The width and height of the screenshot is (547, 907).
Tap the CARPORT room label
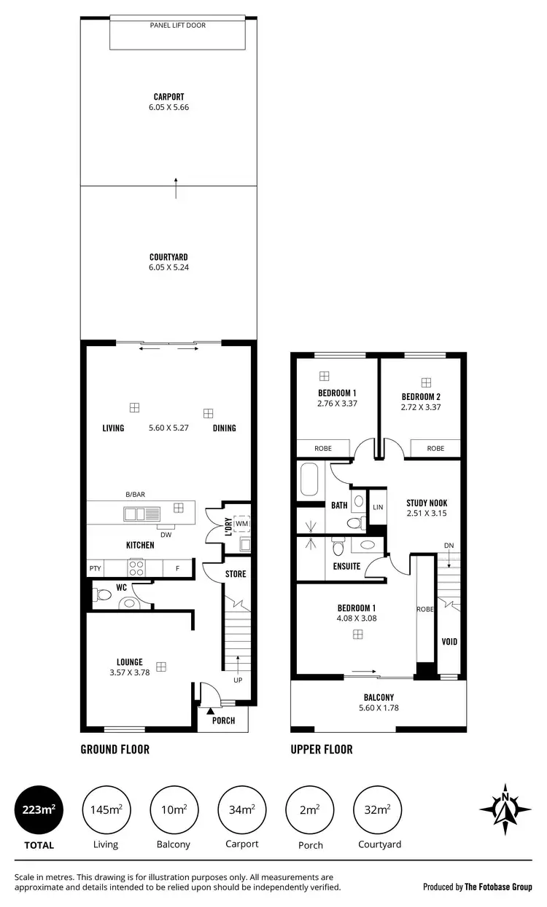(168, 96)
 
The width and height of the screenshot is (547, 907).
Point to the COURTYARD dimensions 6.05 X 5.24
(168, 267)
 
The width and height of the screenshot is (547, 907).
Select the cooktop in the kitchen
(136, 567)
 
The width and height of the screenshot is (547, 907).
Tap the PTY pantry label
(95, 568)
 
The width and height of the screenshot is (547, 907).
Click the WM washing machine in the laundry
(241, 523)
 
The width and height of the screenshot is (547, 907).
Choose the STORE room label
(236, 574)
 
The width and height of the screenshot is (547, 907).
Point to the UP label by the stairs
(238, 680)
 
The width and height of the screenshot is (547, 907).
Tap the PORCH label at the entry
(223, 721)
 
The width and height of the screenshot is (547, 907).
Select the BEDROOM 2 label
(421, 397)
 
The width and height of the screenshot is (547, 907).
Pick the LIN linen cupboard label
(377, 507)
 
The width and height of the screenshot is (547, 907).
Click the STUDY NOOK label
(427, 503)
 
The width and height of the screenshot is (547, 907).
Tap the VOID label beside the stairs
(449, 642)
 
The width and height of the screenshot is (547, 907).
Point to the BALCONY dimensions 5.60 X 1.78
(379, 707)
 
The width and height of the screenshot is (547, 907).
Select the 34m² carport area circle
(241, 809)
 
